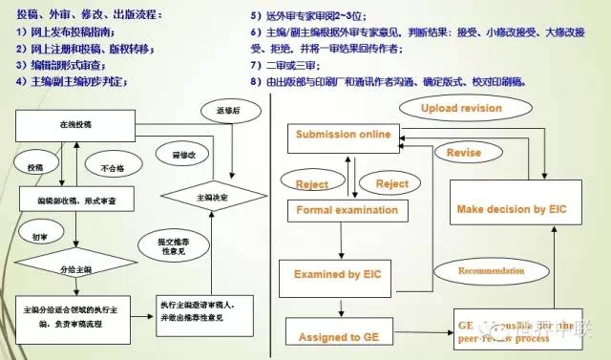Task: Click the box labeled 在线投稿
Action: tap(76, 125)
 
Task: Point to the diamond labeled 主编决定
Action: tap(211, 196)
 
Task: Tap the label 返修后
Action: tap(229, 112)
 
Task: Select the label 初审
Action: tap(42, 234)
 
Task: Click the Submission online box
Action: tap(343, 135)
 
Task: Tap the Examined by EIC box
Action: tap(341, 276)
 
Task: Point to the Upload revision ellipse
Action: tap(462, 109)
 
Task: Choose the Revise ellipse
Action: tap(457, 152)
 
